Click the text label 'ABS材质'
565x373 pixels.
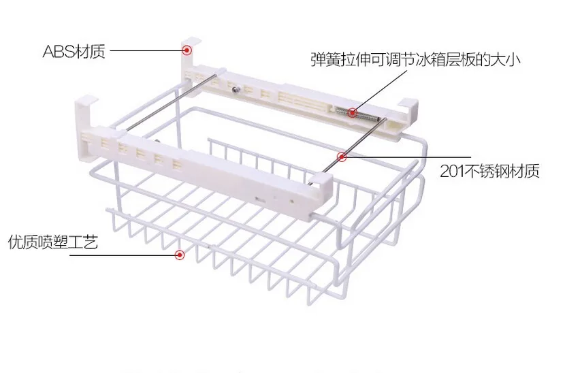[74, 52]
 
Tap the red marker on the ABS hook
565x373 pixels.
[187, 50]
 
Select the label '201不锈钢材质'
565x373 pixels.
[489, 171]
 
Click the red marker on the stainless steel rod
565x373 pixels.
[342, 157]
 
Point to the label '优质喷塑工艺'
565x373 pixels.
[53, 242]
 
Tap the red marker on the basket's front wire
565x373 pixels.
[180, 255]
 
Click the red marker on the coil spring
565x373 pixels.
[352, 113]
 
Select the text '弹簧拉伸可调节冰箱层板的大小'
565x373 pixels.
[415, 59]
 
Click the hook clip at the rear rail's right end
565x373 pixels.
[408, 108]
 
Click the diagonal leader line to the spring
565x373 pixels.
[381, 91]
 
